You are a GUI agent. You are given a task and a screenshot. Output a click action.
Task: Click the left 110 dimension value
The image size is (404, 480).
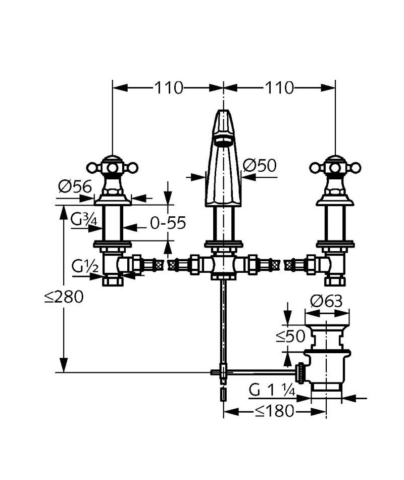click(x=168, y=88)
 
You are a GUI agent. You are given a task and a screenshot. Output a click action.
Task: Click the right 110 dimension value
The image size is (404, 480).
click(x=279, y=88)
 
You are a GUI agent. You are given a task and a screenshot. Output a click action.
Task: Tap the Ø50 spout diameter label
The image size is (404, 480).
click(x=260, y=166)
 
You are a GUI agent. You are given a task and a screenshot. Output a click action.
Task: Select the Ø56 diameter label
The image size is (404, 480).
click(x=75, y=186)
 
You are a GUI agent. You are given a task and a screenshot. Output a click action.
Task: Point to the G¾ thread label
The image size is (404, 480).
click(x=83, y=219)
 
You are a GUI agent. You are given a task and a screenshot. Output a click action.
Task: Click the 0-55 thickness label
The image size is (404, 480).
click(x=168, y=223)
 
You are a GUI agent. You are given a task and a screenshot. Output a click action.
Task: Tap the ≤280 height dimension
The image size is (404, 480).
click(x=64, y=297)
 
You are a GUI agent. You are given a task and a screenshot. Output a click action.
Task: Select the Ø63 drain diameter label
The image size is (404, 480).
click(x=326, y=302)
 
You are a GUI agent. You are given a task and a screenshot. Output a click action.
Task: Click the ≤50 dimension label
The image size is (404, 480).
click(x=290, y=336)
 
